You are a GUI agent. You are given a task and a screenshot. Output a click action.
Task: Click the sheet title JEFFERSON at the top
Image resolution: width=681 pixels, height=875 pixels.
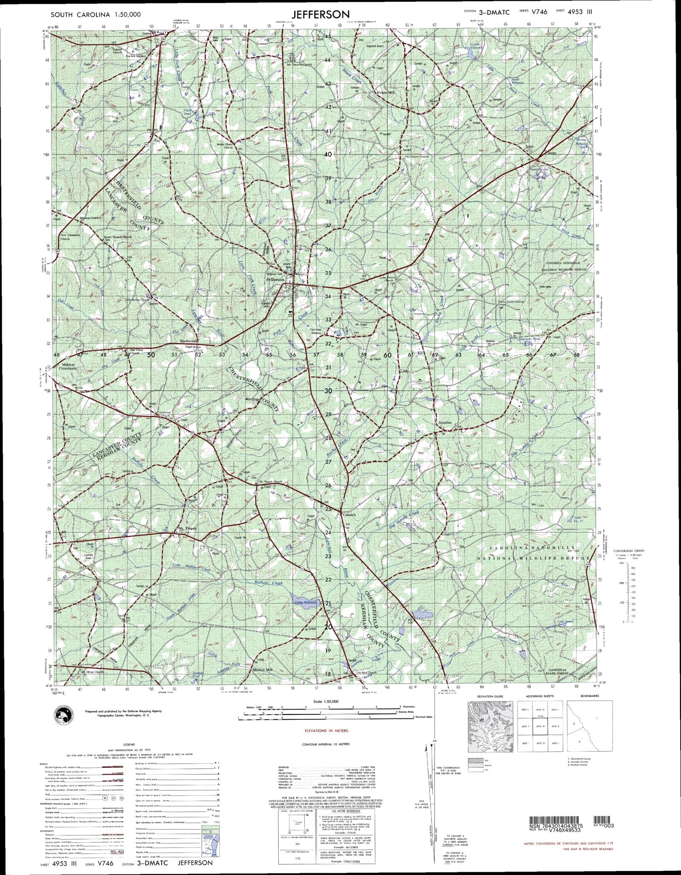[321, 14]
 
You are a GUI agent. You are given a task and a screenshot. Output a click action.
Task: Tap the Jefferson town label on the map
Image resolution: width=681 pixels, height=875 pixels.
[275, 279]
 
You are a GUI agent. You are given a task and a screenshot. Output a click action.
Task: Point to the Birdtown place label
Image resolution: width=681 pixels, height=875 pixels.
[188, 341]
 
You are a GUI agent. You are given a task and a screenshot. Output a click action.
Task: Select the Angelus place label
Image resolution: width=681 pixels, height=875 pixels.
[445, 423]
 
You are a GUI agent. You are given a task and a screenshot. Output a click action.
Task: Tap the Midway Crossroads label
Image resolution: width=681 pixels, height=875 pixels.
[69, 366]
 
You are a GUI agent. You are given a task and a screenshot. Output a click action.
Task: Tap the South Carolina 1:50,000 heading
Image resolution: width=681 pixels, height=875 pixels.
[95, 14]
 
